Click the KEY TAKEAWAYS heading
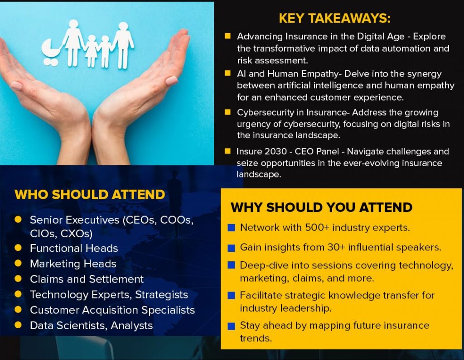pyautogui.click(x=335, y=19)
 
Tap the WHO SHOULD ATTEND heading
pyautogui.click(x=90, y=195)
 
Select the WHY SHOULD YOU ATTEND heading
pyautogui.click(x=321, y=207)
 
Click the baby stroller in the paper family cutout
pyautogui.click(x=51, y=52)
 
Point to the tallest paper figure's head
pyautogui.click(x=123, y=26)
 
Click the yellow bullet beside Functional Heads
pyautogui.click(x=18, y=248)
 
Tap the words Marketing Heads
pyautogui.click(x=73, y=264)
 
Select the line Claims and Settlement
pyautogui.click(x=87, y=279)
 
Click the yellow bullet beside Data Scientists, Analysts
pyautogui.click(x=18, y=325)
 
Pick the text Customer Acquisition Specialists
pyautogui.click(x=112, y=310)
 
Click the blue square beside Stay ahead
pyautogui.click(x=232, y=326)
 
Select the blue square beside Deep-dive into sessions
pyautogui.click(x=232, y=265)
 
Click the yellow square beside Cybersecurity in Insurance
pyautogui.click(x=227, y=112)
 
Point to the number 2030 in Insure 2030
pyautogui.click(x=275, y=151)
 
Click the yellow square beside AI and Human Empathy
pyautogui.click(x=227, y=73)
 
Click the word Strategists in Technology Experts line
pyautogui.click(x=162, y=295)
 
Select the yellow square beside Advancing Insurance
pyautogui.click(x=227, y=36)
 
